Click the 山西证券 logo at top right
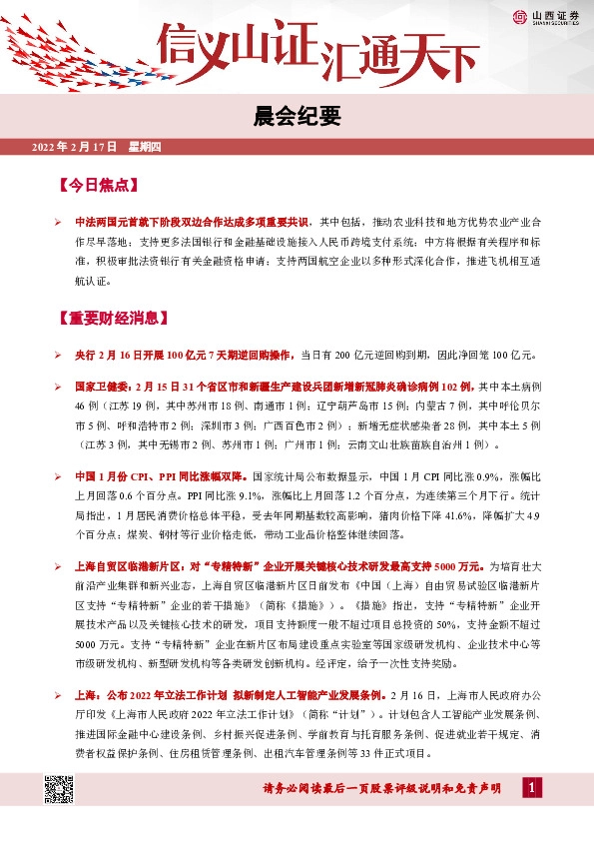pyautogui.click(x=548, y=17)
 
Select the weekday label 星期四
pyautogui.click(x=151, y=148)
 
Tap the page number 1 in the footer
pyautogui.click(x=533, y=789)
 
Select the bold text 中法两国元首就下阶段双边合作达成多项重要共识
pyautogui.click(x=194, y=220)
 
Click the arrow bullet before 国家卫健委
pyautogui.click(x=59, y=385)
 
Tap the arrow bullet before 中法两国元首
pyautogui.click(x=59, y=220)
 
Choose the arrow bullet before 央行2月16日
pyautogui.click(x=59, y=354)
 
